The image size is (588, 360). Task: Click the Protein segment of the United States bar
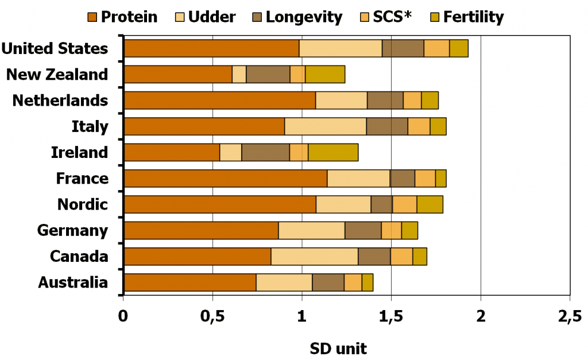pyautogui.click(x=211, y=49)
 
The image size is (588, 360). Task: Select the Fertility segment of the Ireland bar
pyautogui.click(x=333, y=153)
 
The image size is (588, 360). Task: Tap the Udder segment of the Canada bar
pyautogui.click(x=314, y=257)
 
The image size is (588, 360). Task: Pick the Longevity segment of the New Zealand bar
pyautogui.click(x=268, y=75)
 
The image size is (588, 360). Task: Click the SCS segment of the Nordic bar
pyautogui.click(x=404, y=204)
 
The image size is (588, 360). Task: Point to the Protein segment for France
pyautogui.click(x=225, y=179)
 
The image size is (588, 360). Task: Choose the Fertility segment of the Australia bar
pyautogui.click(x=367, y=282)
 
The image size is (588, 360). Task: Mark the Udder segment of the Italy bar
pyautogui.click(x=325, y=126)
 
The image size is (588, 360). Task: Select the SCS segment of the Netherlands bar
pyautogui.click(x=412, y=100)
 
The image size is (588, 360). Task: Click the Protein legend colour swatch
pyautogui.click(x=92, y=17)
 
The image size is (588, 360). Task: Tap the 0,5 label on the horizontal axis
pyautogui.click(x=212, y=315)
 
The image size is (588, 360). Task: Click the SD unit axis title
pyautogui.click(x=338, y=348)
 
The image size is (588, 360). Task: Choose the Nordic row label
pyautogui.click(x=83, y=204)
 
